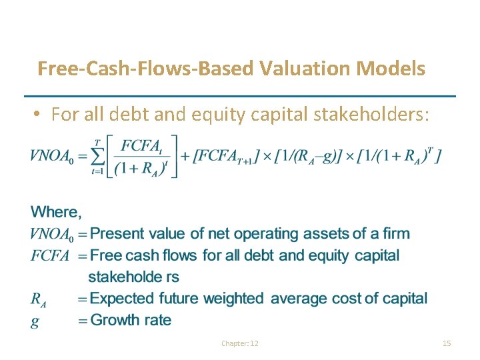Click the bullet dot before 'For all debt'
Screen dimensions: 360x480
coord(39,115)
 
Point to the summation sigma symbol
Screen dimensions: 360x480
coord(99,156)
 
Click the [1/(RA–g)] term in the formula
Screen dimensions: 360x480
coord(315,157)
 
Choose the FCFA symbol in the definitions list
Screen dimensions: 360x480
coord(50,256)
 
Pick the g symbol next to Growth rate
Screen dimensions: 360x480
coord(35,321)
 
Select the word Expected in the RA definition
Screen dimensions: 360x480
coord(121,299)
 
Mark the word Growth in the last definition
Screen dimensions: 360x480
coord(113,320)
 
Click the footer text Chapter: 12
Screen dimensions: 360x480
coord(240,343)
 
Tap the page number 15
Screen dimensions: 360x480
coord(447,343)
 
